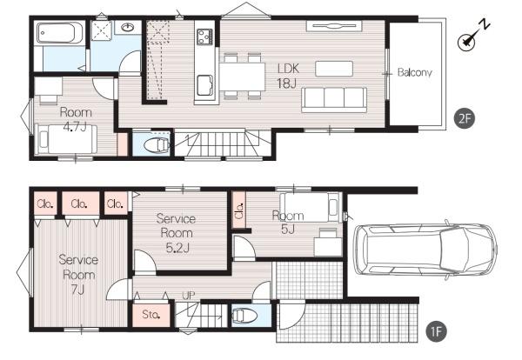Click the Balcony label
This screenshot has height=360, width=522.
(x=414, y=72)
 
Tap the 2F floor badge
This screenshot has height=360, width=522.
(x=465, y=118)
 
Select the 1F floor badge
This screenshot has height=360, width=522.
(x=436, y=331)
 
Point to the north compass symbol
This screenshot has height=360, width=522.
(x=472, y=36)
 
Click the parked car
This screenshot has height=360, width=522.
(x=425, y=250)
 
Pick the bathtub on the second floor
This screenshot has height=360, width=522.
(x=59, y=33)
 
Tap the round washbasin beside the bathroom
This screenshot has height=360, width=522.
(x=128, y=27)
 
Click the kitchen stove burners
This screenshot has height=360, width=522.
(x=204, y=37)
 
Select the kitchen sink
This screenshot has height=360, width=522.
(x=204, y=85)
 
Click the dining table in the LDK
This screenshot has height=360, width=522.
(x=242, y=77)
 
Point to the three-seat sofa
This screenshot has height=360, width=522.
(x=334, y=100)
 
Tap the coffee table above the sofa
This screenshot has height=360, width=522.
(x=334, y=69)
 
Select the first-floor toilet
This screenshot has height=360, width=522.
(x=244, y=316)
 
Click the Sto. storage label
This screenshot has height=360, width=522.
(x=151, y=314)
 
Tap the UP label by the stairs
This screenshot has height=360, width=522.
(x=189, y=295)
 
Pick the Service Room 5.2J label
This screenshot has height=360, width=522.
(x=176, y=233)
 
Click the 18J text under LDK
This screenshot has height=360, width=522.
(x=286, y=83)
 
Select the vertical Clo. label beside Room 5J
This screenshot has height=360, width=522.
(x=239, y=210)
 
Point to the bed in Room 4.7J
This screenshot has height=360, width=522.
(x=66, y=139)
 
